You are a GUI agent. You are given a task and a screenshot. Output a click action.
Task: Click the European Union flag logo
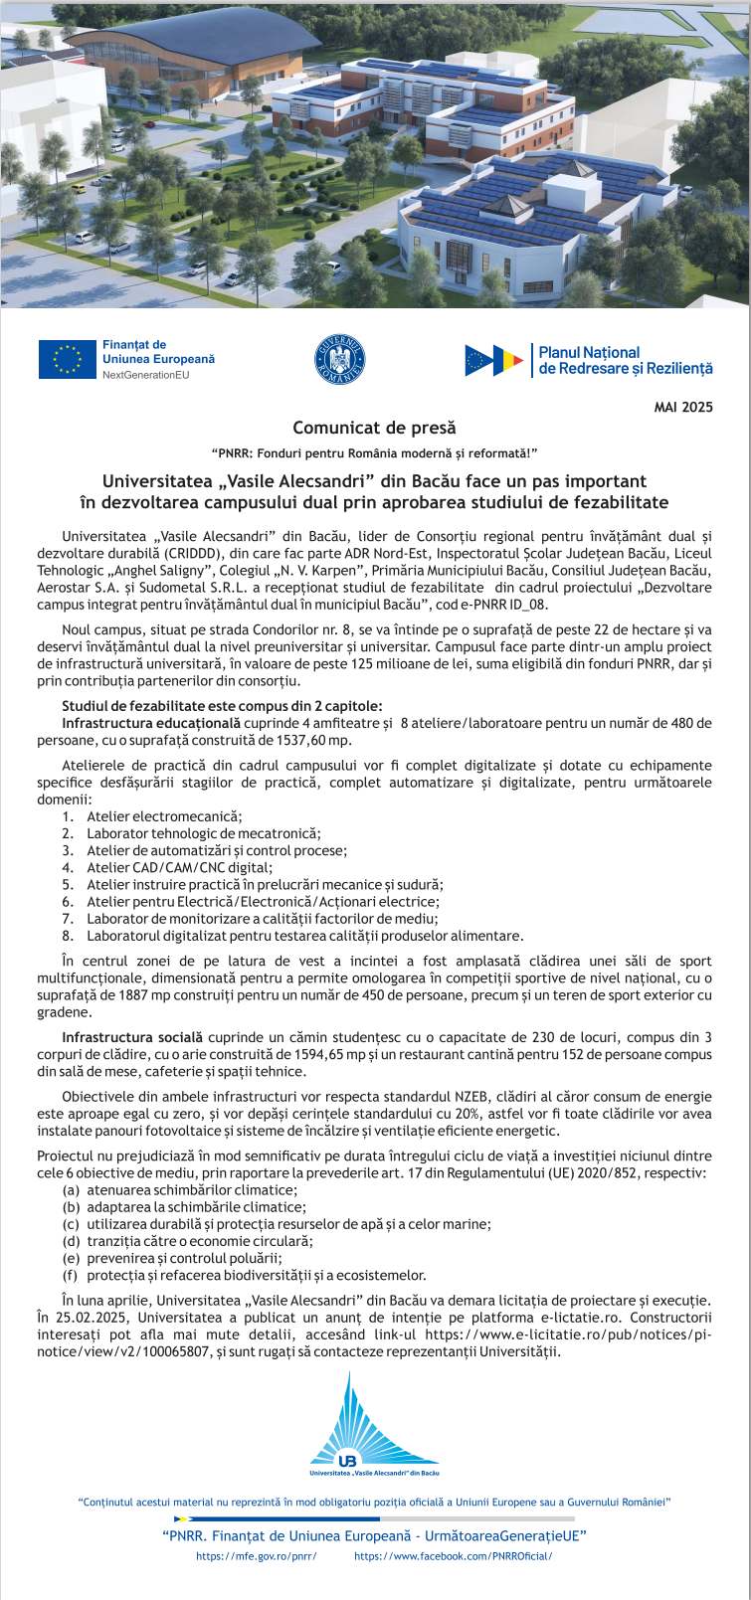pos(67,359)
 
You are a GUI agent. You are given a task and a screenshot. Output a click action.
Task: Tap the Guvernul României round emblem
pos(341,359)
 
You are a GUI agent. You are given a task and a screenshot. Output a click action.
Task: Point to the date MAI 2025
pos(683,407)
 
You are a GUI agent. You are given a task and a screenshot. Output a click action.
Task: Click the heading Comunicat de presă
pos(374,429)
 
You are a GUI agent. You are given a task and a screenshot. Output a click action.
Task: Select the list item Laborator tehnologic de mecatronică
pos(203,833)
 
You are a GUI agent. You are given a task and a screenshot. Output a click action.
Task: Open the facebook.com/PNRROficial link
pos(453,1556)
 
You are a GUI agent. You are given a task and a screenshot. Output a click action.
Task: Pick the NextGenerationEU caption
pos(144,375)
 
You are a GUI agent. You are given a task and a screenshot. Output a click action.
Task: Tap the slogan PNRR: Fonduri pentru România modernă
pos(374,453)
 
